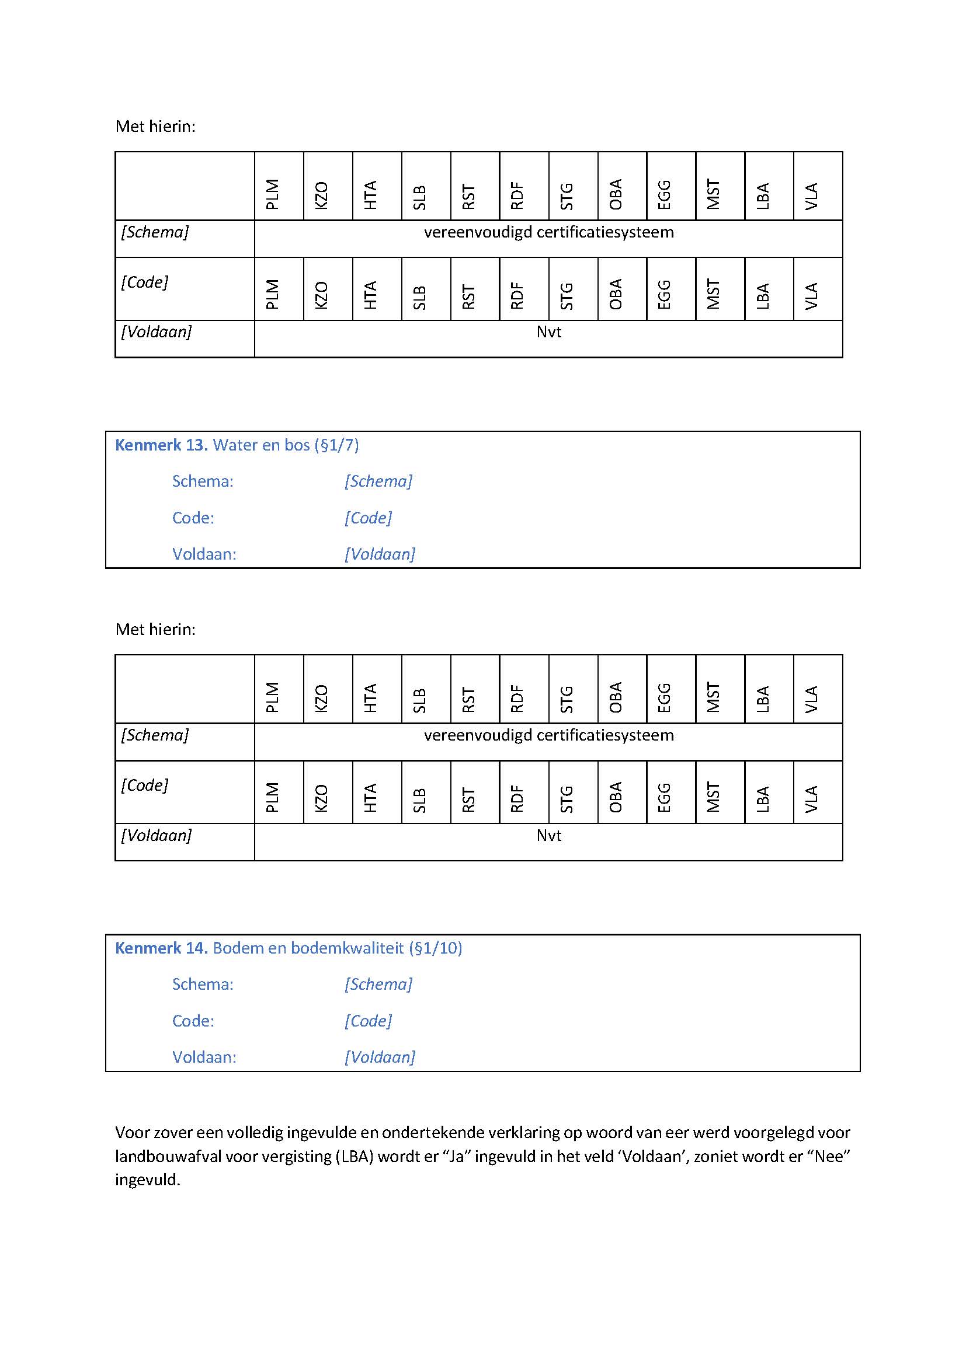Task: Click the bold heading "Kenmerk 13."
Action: coord(161,445)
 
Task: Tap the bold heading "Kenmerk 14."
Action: coord(161,948)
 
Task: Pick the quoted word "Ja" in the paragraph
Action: coord(456,1156)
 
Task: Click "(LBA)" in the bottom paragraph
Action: coord(355,1156)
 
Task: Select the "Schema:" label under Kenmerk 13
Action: coord(203,481)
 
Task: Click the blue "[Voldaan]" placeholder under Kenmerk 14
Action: coord(380,1057)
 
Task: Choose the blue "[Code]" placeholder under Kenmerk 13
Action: coord(368,518)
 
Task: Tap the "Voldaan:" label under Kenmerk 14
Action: coord(204,1057)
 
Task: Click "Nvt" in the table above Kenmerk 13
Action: coord(548,331)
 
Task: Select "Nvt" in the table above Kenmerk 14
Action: coord(548,835)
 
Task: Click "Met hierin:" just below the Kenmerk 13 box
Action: coord(155,629)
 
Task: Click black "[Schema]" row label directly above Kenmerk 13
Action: coord(155,232)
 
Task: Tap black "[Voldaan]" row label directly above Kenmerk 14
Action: coord(157,835)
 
